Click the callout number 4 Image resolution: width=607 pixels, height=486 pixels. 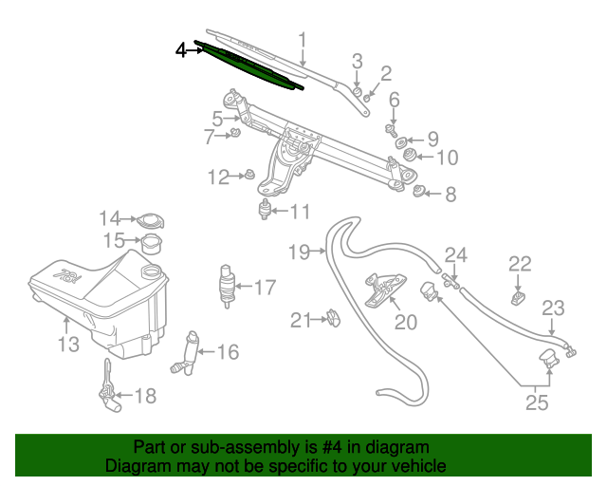coord(182,49)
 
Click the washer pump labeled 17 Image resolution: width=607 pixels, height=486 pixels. coord(227,283)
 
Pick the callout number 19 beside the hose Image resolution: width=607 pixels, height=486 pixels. coord(299,252)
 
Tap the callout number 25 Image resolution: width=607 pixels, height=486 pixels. coord(536,402)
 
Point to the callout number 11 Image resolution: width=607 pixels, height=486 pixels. coord(300,211)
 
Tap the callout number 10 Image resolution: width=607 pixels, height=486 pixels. coord(447,157)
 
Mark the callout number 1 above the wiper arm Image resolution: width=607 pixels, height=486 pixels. coord(303,40)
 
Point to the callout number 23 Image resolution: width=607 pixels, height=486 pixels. coord(553,308)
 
